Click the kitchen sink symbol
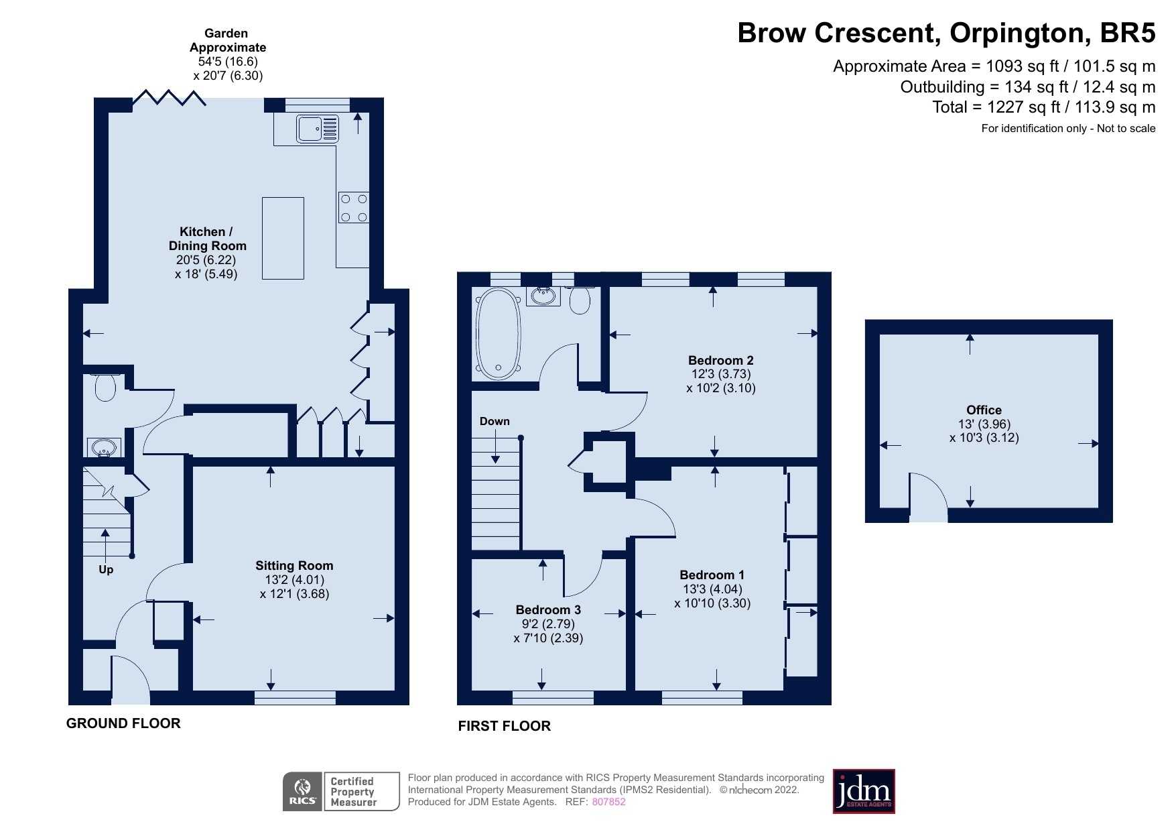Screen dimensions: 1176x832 [x=318, y=129]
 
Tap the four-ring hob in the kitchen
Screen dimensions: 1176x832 [x=354, y=208]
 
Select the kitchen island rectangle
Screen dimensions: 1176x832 [x=283, y=238]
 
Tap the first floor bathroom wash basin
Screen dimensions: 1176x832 [x=543, y=296]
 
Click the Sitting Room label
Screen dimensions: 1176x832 [x=294, y=565]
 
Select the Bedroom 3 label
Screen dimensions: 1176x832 [x=548, y=609]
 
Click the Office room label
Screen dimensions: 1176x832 [x=984, y=410]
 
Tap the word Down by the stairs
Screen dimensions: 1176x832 [x=495, y=421]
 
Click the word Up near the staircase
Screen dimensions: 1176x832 [x=106, y=569]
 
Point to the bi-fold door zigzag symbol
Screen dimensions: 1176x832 [x=169, y=98]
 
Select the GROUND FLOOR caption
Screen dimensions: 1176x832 [x=123, y=723]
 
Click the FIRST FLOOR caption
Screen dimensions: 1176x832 [x=505, y=726]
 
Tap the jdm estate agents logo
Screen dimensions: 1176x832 [x=864, y=791]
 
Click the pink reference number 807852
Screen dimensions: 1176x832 [x=608, y=802]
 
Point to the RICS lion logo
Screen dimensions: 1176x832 [x=303, y=792]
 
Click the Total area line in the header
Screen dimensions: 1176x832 [x=1044, y=107]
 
